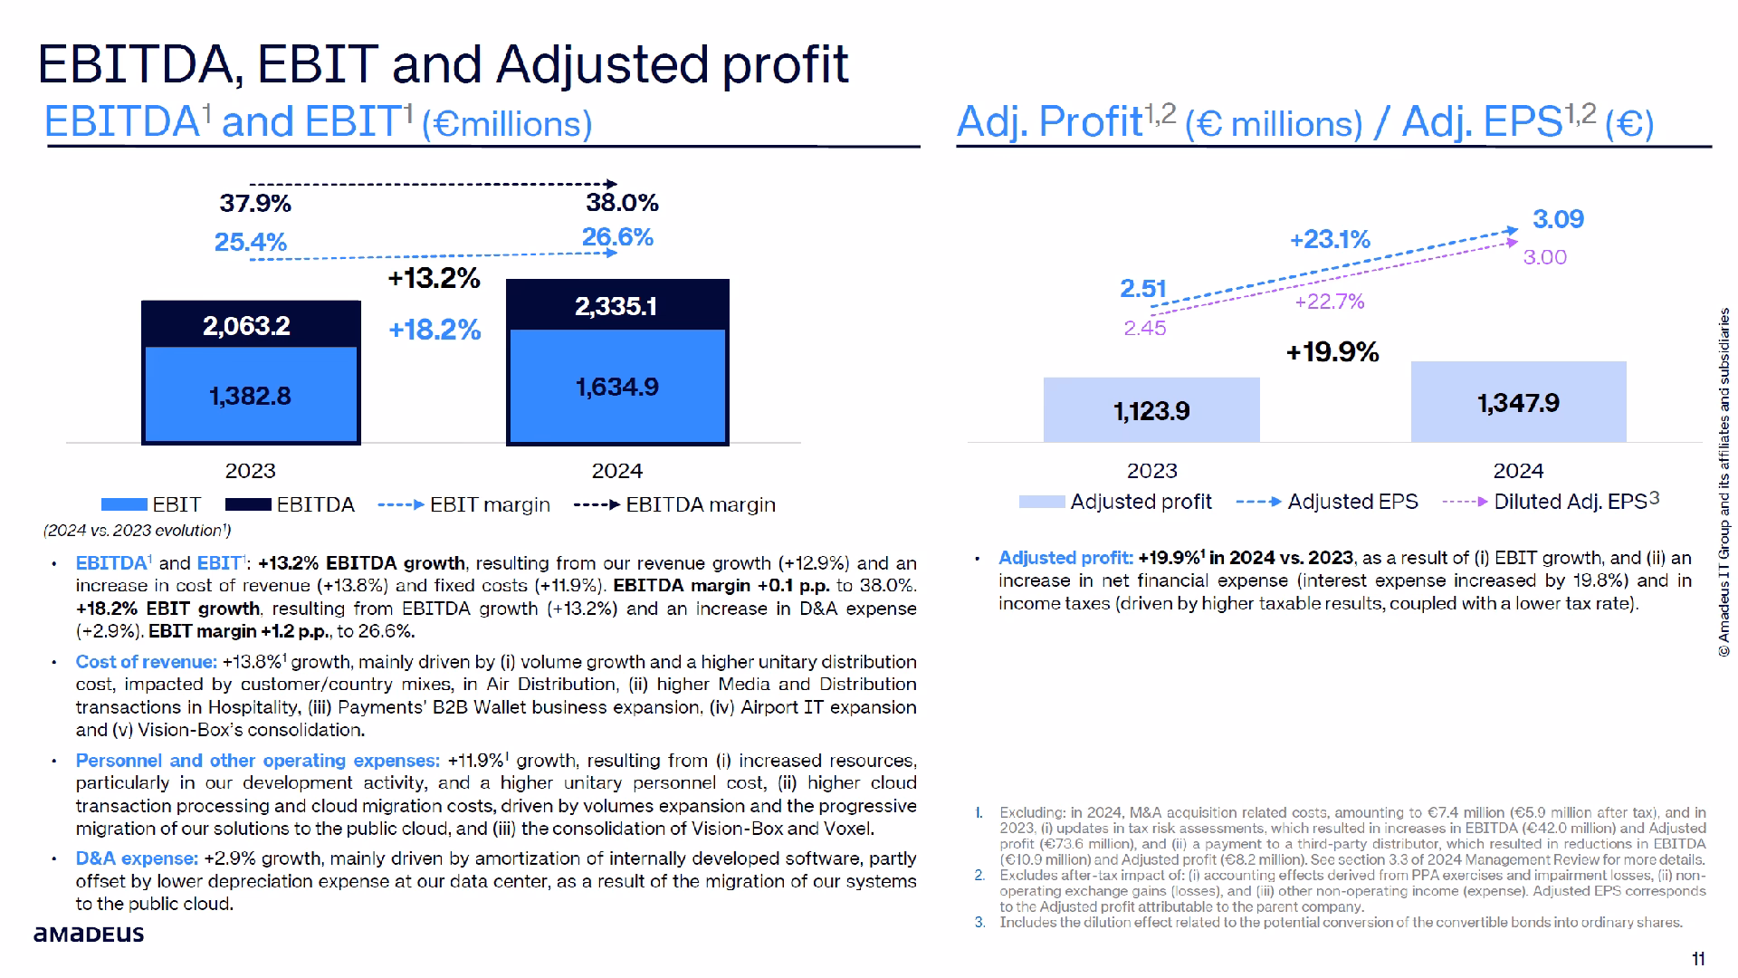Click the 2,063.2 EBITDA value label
(246, 326)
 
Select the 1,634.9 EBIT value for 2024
(617, 388)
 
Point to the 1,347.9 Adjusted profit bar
(1518, 403)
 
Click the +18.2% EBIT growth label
(434, 330)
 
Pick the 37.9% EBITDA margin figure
(255, 203)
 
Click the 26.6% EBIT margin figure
(617, 237)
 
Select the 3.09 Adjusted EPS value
(1558, 219)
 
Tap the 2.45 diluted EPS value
(1145, 329)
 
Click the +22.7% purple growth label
(1329, 302)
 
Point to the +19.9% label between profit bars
(1332, 352)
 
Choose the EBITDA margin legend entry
(674, 505)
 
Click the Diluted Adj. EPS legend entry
(1551, 502)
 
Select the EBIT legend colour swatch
(124, 504)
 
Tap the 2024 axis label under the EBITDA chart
(616, 471)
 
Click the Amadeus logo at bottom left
(89, 934)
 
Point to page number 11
(1698, 959)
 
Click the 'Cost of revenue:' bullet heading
(146, 662)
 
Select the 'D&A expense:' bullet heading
(137, 858)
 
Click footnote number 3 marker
(979, 923)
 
